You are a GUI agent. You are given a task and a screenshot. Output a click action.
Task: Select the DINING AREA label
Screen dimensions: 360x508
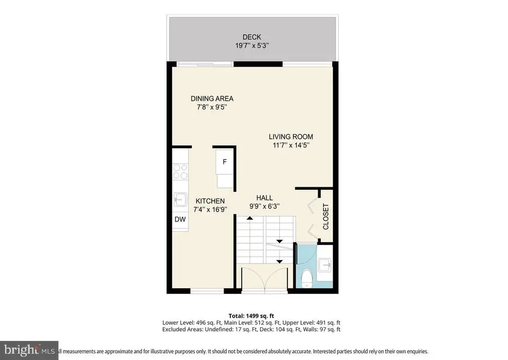[x=211, y=98]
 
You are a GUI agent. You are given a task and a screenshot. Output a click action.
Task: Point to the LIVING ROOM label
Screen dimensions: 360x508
[x=291, y=137]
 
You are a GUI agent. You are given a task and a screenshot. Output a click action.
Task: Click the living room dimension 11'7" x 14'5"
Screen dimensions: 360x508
[x=291, y=146]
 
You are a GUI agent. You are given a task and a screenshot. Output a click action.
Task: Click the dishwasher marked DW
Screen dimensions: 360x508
[x=180, y=219]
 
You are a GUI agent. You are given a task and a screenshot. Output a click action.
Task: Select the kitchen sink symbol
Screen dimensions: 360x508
[x=180, y=199]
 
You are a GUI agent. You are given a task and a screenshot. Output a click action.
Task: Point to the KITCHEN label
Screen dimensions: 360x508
[x=210, y=201]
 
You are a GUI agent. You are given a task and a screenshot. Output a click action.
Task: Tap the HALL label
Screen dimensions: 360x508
[x=264, y=198]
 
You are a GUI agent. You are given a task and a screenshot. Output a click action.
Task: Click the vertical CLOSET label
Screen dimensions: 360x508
[x=326, y=217]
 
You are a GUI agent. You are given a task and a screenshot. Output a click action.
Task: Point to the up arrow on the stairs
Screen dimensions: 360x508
[x=249, y=218]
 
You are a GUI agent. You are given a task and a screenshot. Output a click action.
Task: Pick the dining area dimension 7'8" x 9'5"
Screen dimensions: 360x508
[x=211, y=107]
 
